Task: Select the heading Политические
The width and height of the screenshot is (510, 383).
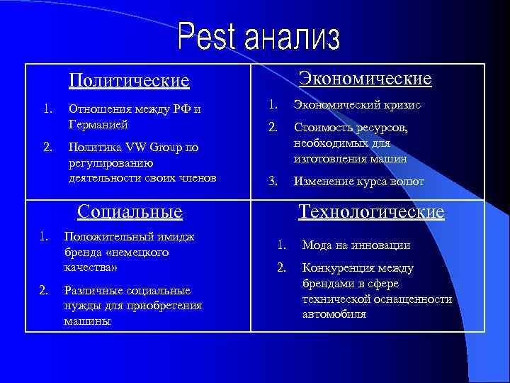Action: pos(129,80)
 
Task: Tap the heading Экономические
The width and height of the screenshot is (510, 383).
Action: pos(365,78)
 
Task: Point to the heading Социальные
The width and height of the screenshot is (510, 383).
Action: pos(130,211)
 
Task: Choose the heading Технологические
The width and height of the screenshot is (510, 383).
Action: pos(371,211)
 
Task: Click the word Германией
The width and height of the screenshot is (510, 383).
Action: pos(98,124)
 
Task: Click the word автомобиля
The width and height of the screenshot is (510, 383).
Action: pos(334,313)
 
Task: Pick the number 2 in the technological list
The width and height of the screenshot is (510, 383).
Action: pos(281,268)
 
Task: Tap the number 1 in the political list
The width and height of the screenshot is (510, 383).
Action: pos(47,109)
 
